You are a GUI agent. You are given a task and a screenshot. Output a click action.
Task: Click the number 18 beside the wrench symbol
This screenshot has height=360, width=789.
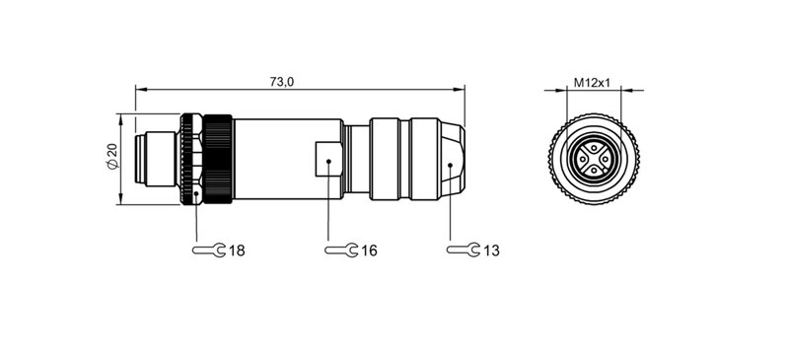click(x=237, y=252)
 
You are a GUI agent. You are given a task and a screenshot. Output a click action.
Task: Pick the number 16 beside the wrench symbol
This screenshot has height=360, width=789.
click(x=369, y=252)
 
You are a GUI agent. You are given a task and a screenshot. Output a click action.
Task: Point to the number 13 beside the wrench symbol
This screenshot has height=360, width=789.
click(x=491, y=252)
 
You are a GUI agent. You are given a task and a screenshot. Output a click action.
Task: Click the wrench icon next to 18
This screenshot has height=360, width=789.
click(x=209, y=251)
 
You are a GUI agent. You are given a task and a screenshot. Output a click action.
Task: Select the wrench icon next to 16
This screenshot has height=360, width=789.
click(x=341, y=251)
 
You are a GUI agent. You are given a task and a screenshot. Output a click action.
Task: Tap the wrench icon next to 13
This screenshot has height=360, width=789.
click(x=464, y=251)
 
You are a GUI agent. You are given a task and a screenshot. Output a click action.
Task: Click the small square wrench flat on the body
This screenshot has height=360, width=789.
click(x=326, y=159)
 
